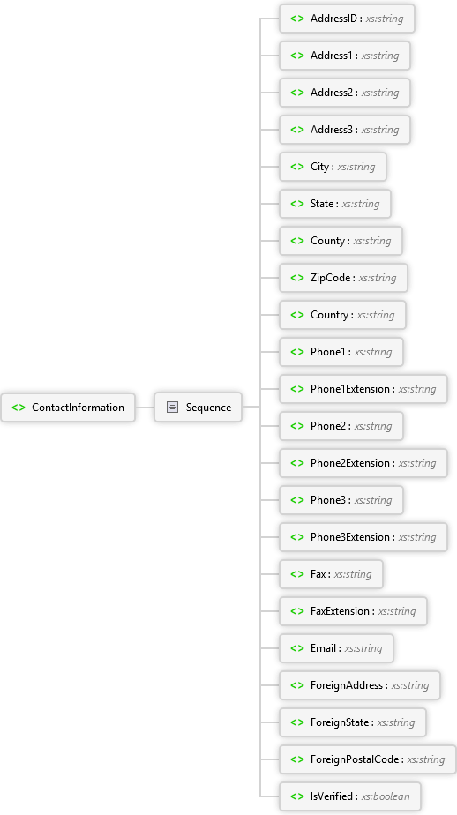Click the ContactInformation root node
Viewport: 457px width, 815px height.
(x=68, y=407)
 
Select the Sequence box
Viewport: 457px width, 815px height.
(x=199, y=407)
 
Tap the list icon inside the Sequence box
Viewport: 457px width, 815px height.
(x=173, y=407)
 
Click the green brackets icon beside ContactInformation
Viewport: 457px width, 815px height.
(x=19, y=407)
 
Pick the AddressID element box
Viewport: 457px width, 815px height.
(x=347, y=19)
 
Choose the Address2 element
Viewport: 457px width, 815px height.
(x=345, y=93)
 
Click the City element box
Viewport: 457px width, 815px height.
(x=333, y=167)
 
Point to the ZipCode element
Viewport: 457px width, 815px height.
(x=343, y=278)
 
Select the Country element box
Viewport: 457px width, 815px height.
(x=342, y=315)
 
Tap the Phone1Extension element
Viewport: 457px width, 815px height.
(x=363, y=389)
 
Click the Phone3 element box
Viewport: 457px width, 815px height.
(x=341, y=500)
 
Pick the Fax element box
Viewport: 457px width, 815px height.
(x=331, y=574)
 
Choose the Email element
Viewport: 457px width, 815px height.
(x=336, y=648)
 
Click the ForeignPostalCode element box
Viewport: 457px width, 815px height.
(x=368, y=759)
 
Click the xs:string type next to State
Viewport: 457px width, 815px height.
(x=361, y=204)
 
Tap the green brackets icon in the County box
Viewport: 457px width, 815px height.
(x=297, y=241)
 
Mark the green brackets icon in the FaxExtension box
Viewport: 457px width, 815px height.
(x=297, y=611)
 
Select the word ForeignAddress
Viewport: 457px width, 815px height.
(x=347, y=685)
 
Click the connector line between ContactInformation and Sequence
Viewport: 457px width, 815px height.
(x=145, y=407)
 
